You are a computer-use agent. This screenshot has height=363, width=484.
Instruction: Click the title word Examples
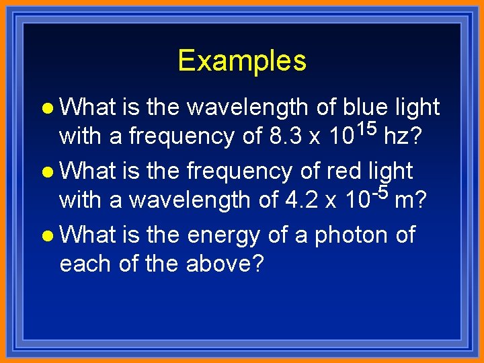point(242,61)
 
